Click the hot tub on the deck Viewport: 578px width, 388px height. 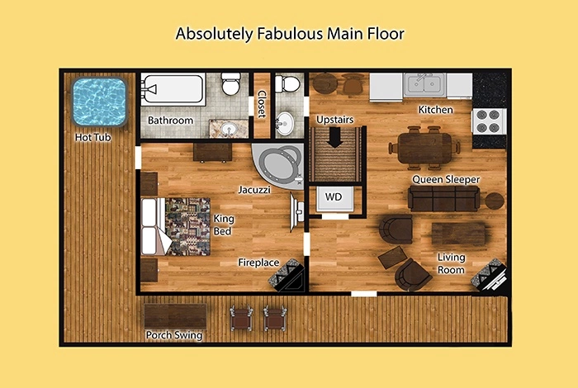[x=99, y=102]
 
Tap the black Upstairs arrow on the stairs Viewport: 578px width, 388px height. [x=334, y=137]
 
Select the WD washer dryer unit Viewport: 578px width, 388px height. [x=334, y=198]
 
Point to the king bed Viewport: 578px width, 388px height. [x=175, y=227]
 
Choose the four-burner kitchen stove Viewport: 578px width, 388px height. [x=489, y=121]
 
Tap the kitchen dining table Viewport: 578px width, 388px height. [x=424, y=148]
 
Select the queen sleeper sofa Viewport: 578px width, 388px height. [x=444, y=198]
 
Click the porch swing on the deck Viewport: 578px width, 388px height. [x=175, y=316]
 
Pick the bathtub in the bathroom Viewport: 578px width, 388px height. [x=173, y=89]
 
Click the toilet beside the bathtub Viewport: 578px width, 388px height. [x=230, y=83]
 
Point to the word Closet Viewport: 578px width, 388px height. [x=262, y=104]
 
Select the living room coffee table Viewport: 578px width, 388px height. [x=459, y=234]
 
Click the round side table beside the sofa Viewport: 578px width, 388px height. [x=494, y=201]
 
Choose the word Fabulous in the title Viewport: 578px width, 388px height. [x=291, y=34]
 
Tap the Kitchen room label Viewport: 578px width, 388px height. [x=435, y=110]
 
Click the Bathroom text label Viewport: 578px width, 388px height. [x=170, y=121]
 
